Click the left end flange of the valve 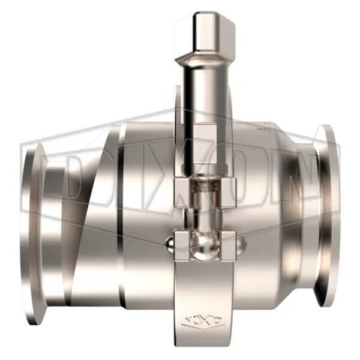tap(33, 216)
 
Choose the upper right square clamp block tap(223, 192)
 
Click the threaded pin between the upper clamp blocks tap(204, 192)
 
